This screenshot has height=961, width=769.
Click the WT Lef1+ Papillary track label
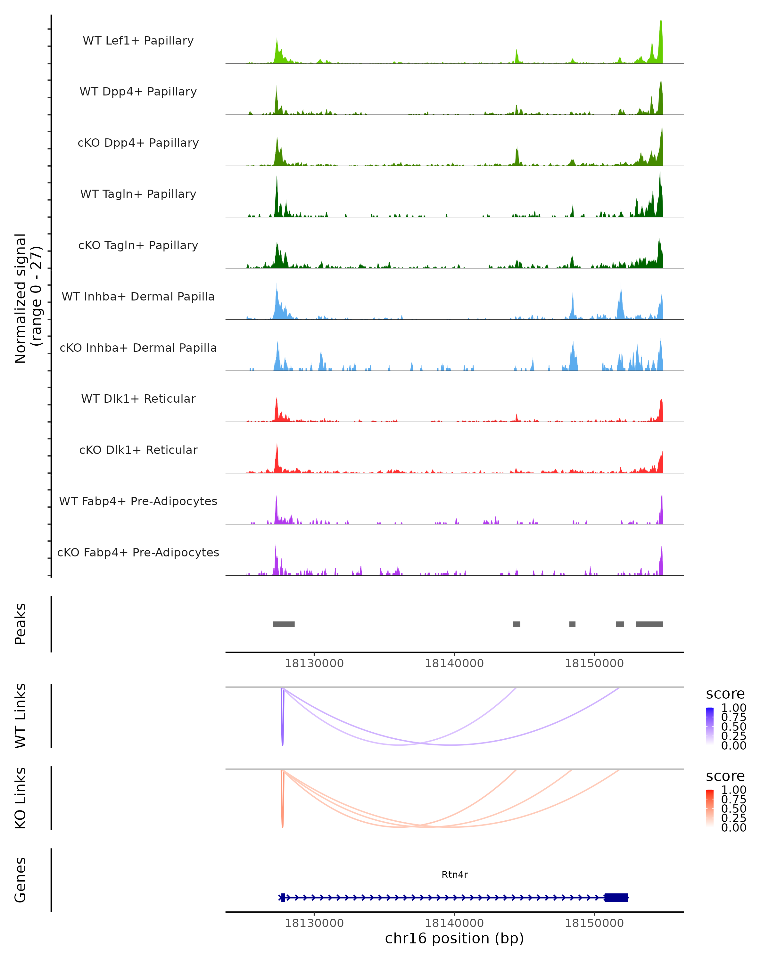pyautogui.click(x=138, y=41)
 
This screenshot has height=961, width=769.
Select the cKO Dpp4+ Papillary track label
pyautogui.click(x=138, y=143)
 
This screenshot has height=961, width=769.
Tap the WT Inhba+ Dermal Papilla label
pyautogui.click(x=138, y=296)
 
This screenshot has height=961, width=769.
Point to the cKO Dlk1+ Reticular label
pyautogui.click(x=138, y=450)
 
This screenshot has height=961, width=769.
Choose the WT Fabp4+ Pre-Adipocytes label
pyautogui.click(x=138, y=501)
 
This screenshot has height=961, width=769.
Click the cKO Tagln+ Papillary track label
pyautogui.click(x=138, y=245)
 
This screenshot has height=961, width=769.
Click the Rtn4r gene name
pyautogui.click(x=454, y=874)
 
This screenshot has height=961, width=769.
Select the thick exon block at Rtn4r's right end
pyautogui.click(x=616, y=897)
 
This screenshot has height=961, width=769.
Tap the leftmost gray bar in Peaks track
pyautogui.click(x=284, y=624)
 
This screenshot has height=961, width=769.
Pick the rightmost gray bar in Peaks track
pyautogui.click(x=649, y=624)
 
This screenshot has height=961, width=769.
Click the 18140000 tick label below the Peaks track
pyautogui.click(x=454, y=663)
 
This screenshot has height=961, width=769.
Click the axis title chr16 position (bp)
pyautogui.click(x=454, y=938)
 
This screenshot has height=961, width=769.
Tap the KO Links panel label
pyautogui.click(x=21, y=798)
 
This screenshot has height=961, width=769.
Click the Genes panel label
pyautogui.click(x=21, y=880)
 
